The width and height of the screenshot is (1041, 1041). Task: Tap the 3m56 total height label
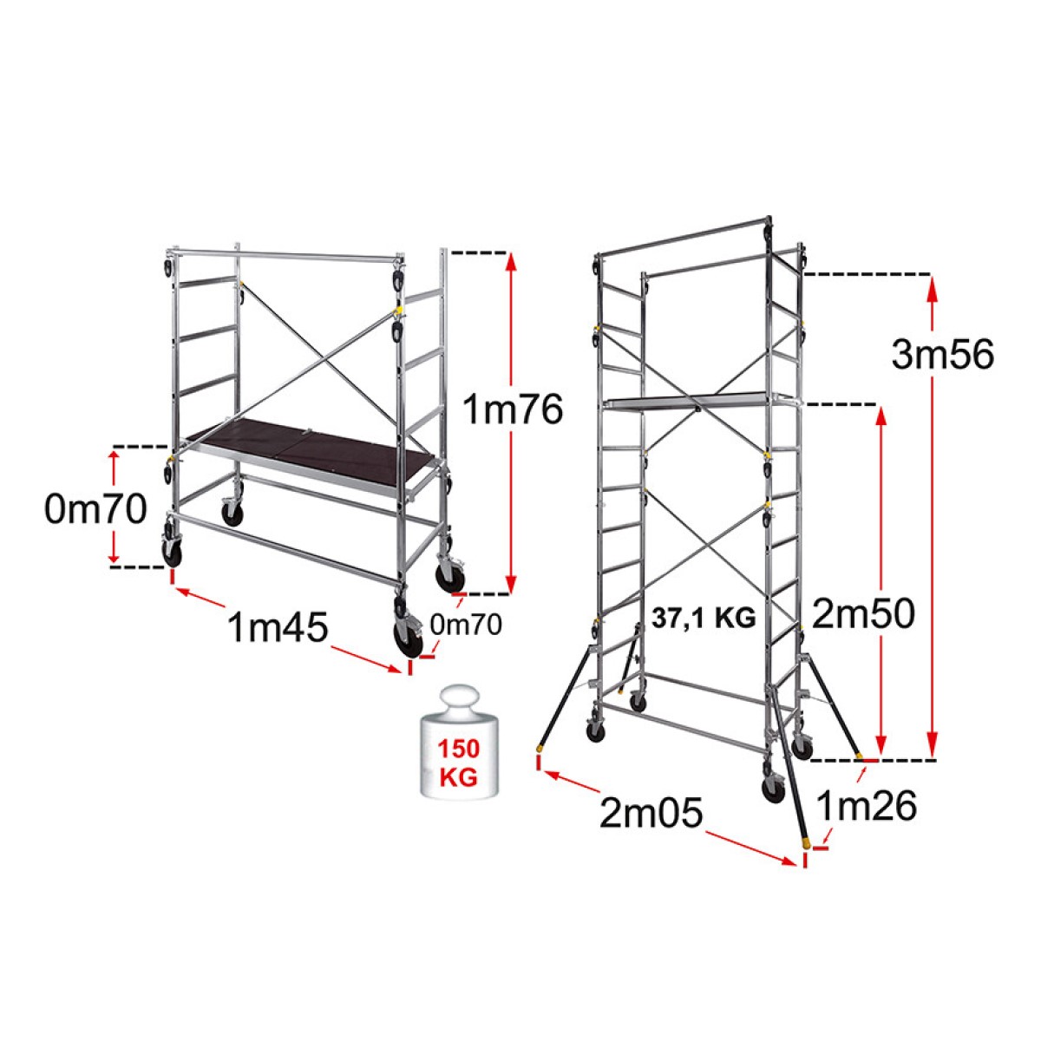pyautogui.click(x=942, y=356)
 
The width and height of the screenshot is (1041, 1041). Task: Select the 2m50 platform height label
pyautogui.click(x=863, y=613)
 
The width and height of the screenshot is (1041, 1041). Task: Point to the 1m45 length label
pyautogui.click(x=278, y=627)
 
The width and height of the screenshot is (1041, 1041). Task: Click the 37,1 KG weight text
pyautogui.click(x=704, y=619)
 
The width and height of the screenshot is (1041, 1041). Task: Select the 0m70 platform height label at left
pyautogui.click(x=95, y=510)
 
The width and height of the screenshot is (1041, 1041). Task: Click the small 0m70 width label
pyautogui.click(x=466, y=625)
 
